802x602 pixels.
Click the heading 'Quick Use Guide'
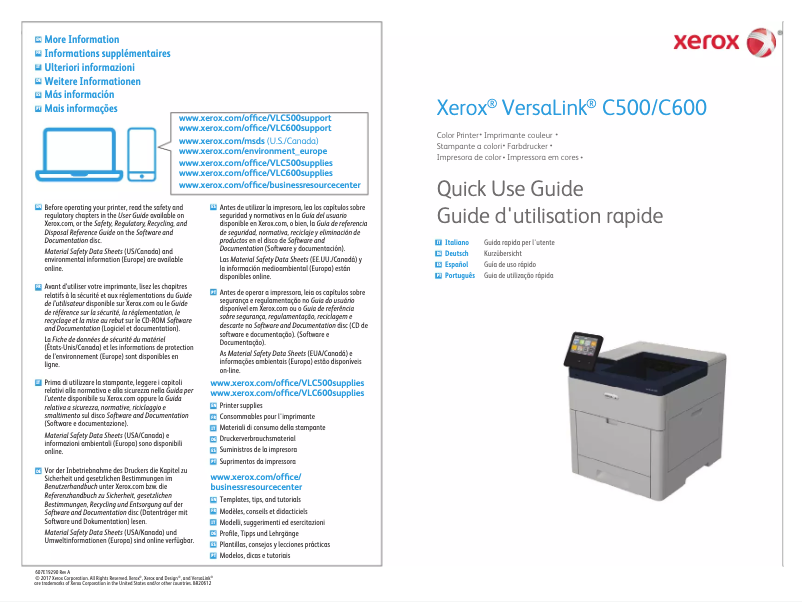[510, 190]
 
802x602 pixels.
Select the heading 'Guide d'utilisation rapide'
[550, 216]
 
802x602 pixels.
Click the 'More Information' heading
[81, 40]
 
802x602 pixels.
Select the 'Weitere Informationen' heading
[92, 81]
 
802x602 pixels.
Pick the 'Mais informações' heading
[80, 108]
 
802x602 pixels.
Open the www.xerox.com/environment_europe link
[252, 151]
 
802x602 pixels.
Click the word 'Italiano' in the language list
[457, 243]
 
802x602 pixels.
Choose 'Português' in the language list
[459, 275]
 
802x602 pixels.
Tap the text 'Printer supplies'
[241, 406]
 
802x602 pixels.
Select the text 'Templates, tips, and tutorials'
[260, 499]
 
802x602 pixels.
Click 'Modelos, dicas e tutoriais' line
[255, 555]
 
